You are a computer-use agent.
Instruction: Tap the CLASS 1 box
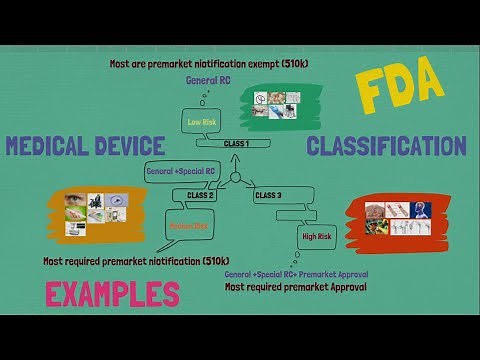click(x=236, y=144)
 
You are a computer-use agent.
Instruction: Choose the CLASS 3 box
click(x=268, y=195)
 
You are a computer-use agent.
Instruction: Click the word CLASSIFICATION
click(x=386, y=146)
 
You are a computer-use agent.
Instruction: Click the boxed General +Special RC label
click(x=180, y=170)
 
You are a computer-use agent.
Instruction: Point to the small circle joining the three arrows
click(x=236, y=179)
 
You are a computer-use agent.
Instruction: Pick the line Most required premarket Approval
click(x=296, y=287)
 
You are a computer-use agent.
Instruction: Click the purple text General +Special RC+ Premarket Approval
click(x=296, y=273)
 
